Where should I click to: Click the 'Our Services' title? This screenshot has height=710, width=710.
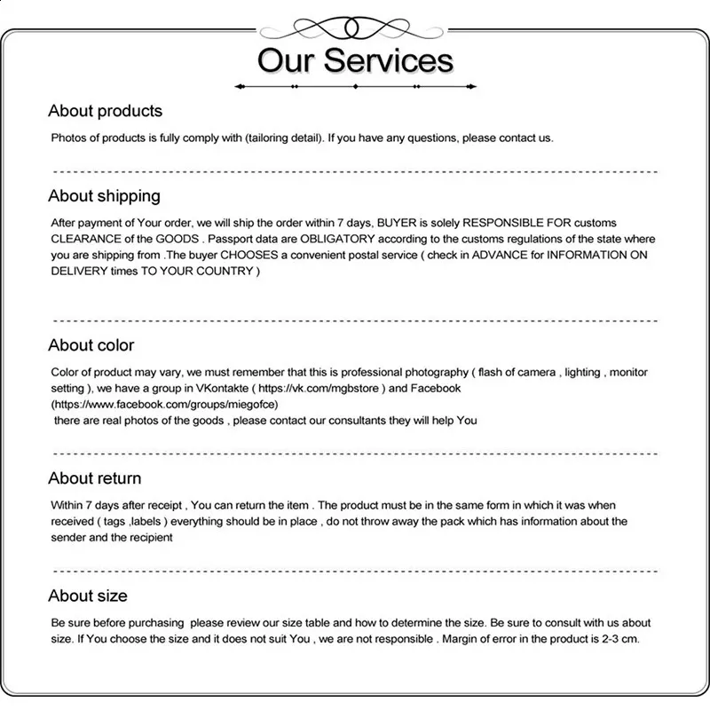coord(355,60)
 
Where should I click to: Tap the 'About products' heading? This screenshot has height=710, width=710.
coord(105,111)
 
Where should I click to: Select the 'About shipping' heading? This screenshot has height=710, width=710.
coord(104,195)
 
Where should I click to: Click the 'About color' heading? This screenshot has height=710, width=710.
coord(91,345)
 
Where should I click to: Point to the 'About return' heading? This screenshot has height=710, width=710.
coord(95,478)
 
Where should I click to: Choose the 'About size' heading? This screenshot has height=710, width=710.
coord(88,596)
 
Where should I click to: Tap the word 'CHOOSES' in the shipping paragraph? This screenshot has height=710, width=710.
coord(253,255)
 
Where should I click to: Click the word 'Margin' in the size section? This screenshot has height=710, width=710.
coord(460,639)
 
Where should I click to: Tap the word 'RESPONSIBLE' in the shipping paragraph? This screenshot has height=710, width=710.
coord(510,223)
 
